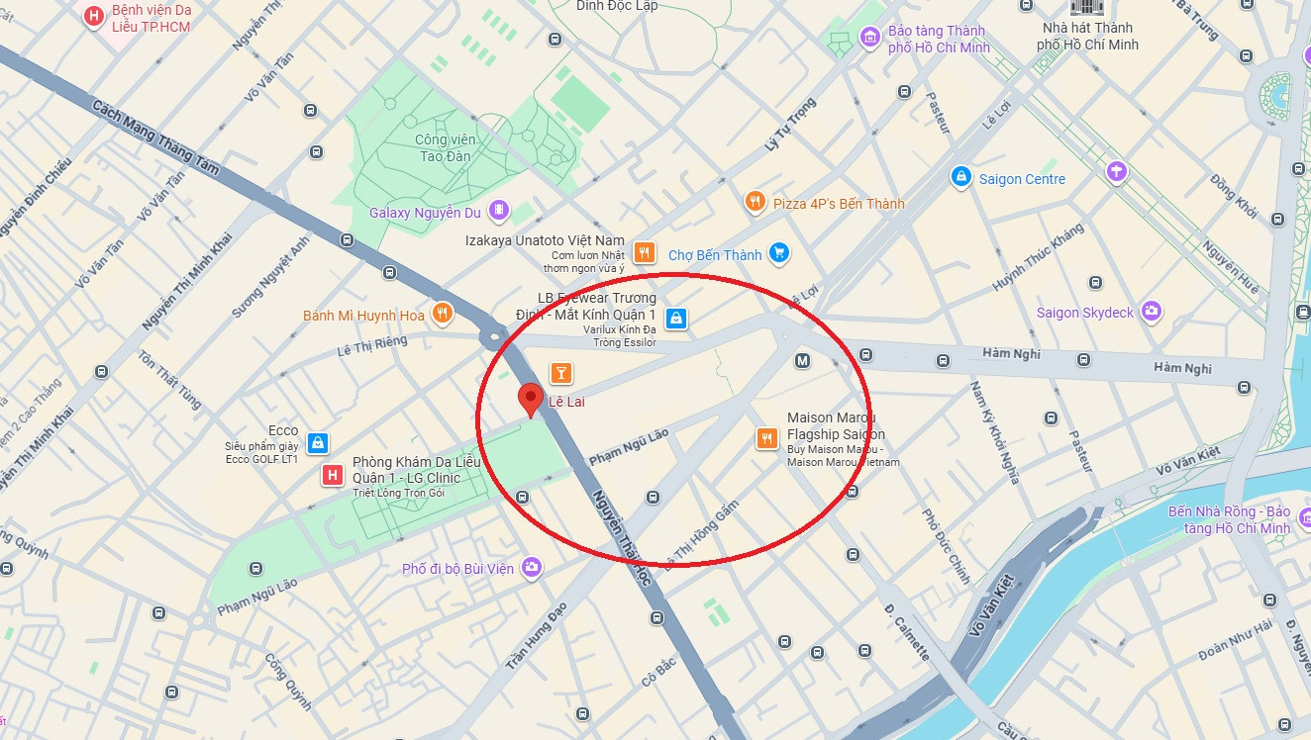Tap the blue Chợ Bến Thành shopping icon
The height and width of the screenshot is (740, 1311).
point(779,254)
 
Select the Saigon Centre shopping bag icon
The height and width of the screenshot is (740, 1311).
point(959,178)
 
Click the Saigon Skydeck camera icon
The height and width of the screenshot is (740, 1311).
point(1151,312)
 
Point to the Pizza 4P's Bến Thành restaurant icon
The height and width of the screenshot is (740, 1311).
point(755,203)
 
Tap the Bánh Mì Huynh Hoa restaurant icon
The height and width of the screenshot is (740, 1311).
point(442,315)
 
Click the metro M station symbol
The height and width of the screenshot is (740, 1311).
point(802,361)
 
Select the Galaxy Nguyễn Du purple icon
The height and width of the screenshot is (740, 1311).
point(498,211)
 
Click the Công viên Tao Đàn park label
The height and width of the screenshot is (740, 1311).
point(445,148)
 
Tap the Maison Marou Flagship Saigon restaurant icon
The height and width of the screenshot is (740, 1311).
point(766,437)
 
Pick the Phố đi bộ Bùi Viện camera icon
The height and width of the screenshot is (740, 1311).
point(532,567)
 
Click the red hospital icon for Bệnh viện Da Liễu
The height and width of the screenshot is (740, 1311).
point(94,16)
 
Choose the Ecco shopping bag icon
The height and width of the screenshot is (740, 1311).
point(317,442)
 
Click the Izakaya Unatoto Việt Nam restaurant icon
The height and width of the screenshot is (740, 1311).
point(644,252)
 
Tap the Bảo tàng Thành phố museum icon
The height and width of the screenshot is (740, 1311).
point(870,38)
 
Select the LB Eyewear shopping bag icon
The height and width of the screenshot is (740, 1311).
point(675,318)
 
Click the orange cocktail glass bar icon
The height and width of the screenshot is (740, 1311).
point(560,373)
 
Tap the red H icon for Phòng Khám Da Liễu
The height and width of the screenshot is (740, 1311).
point(334,477)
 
